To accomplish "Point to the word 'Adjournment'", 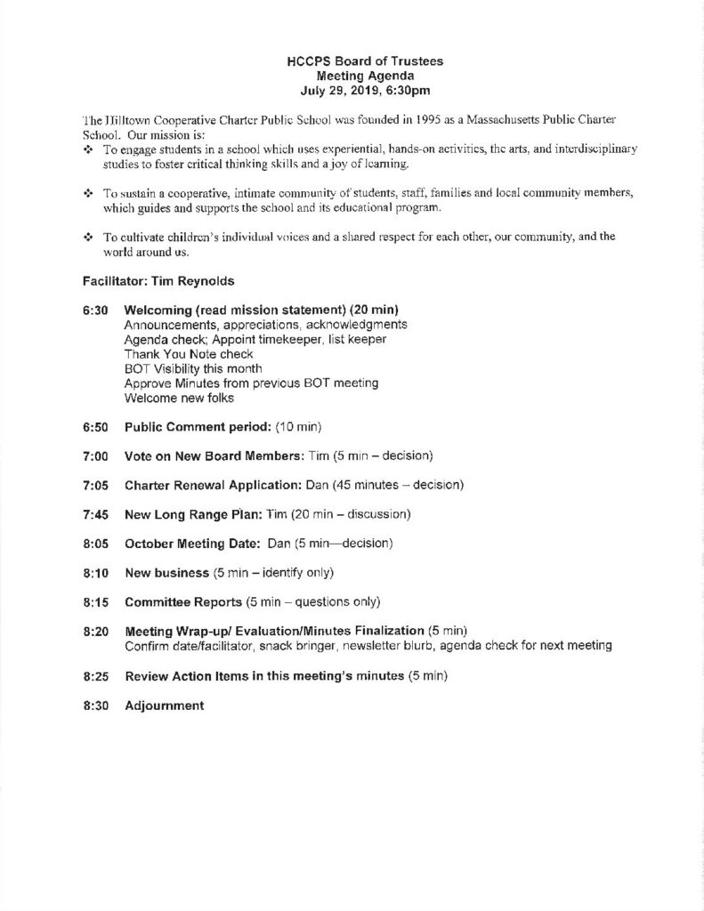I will (x=165, y=705).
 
